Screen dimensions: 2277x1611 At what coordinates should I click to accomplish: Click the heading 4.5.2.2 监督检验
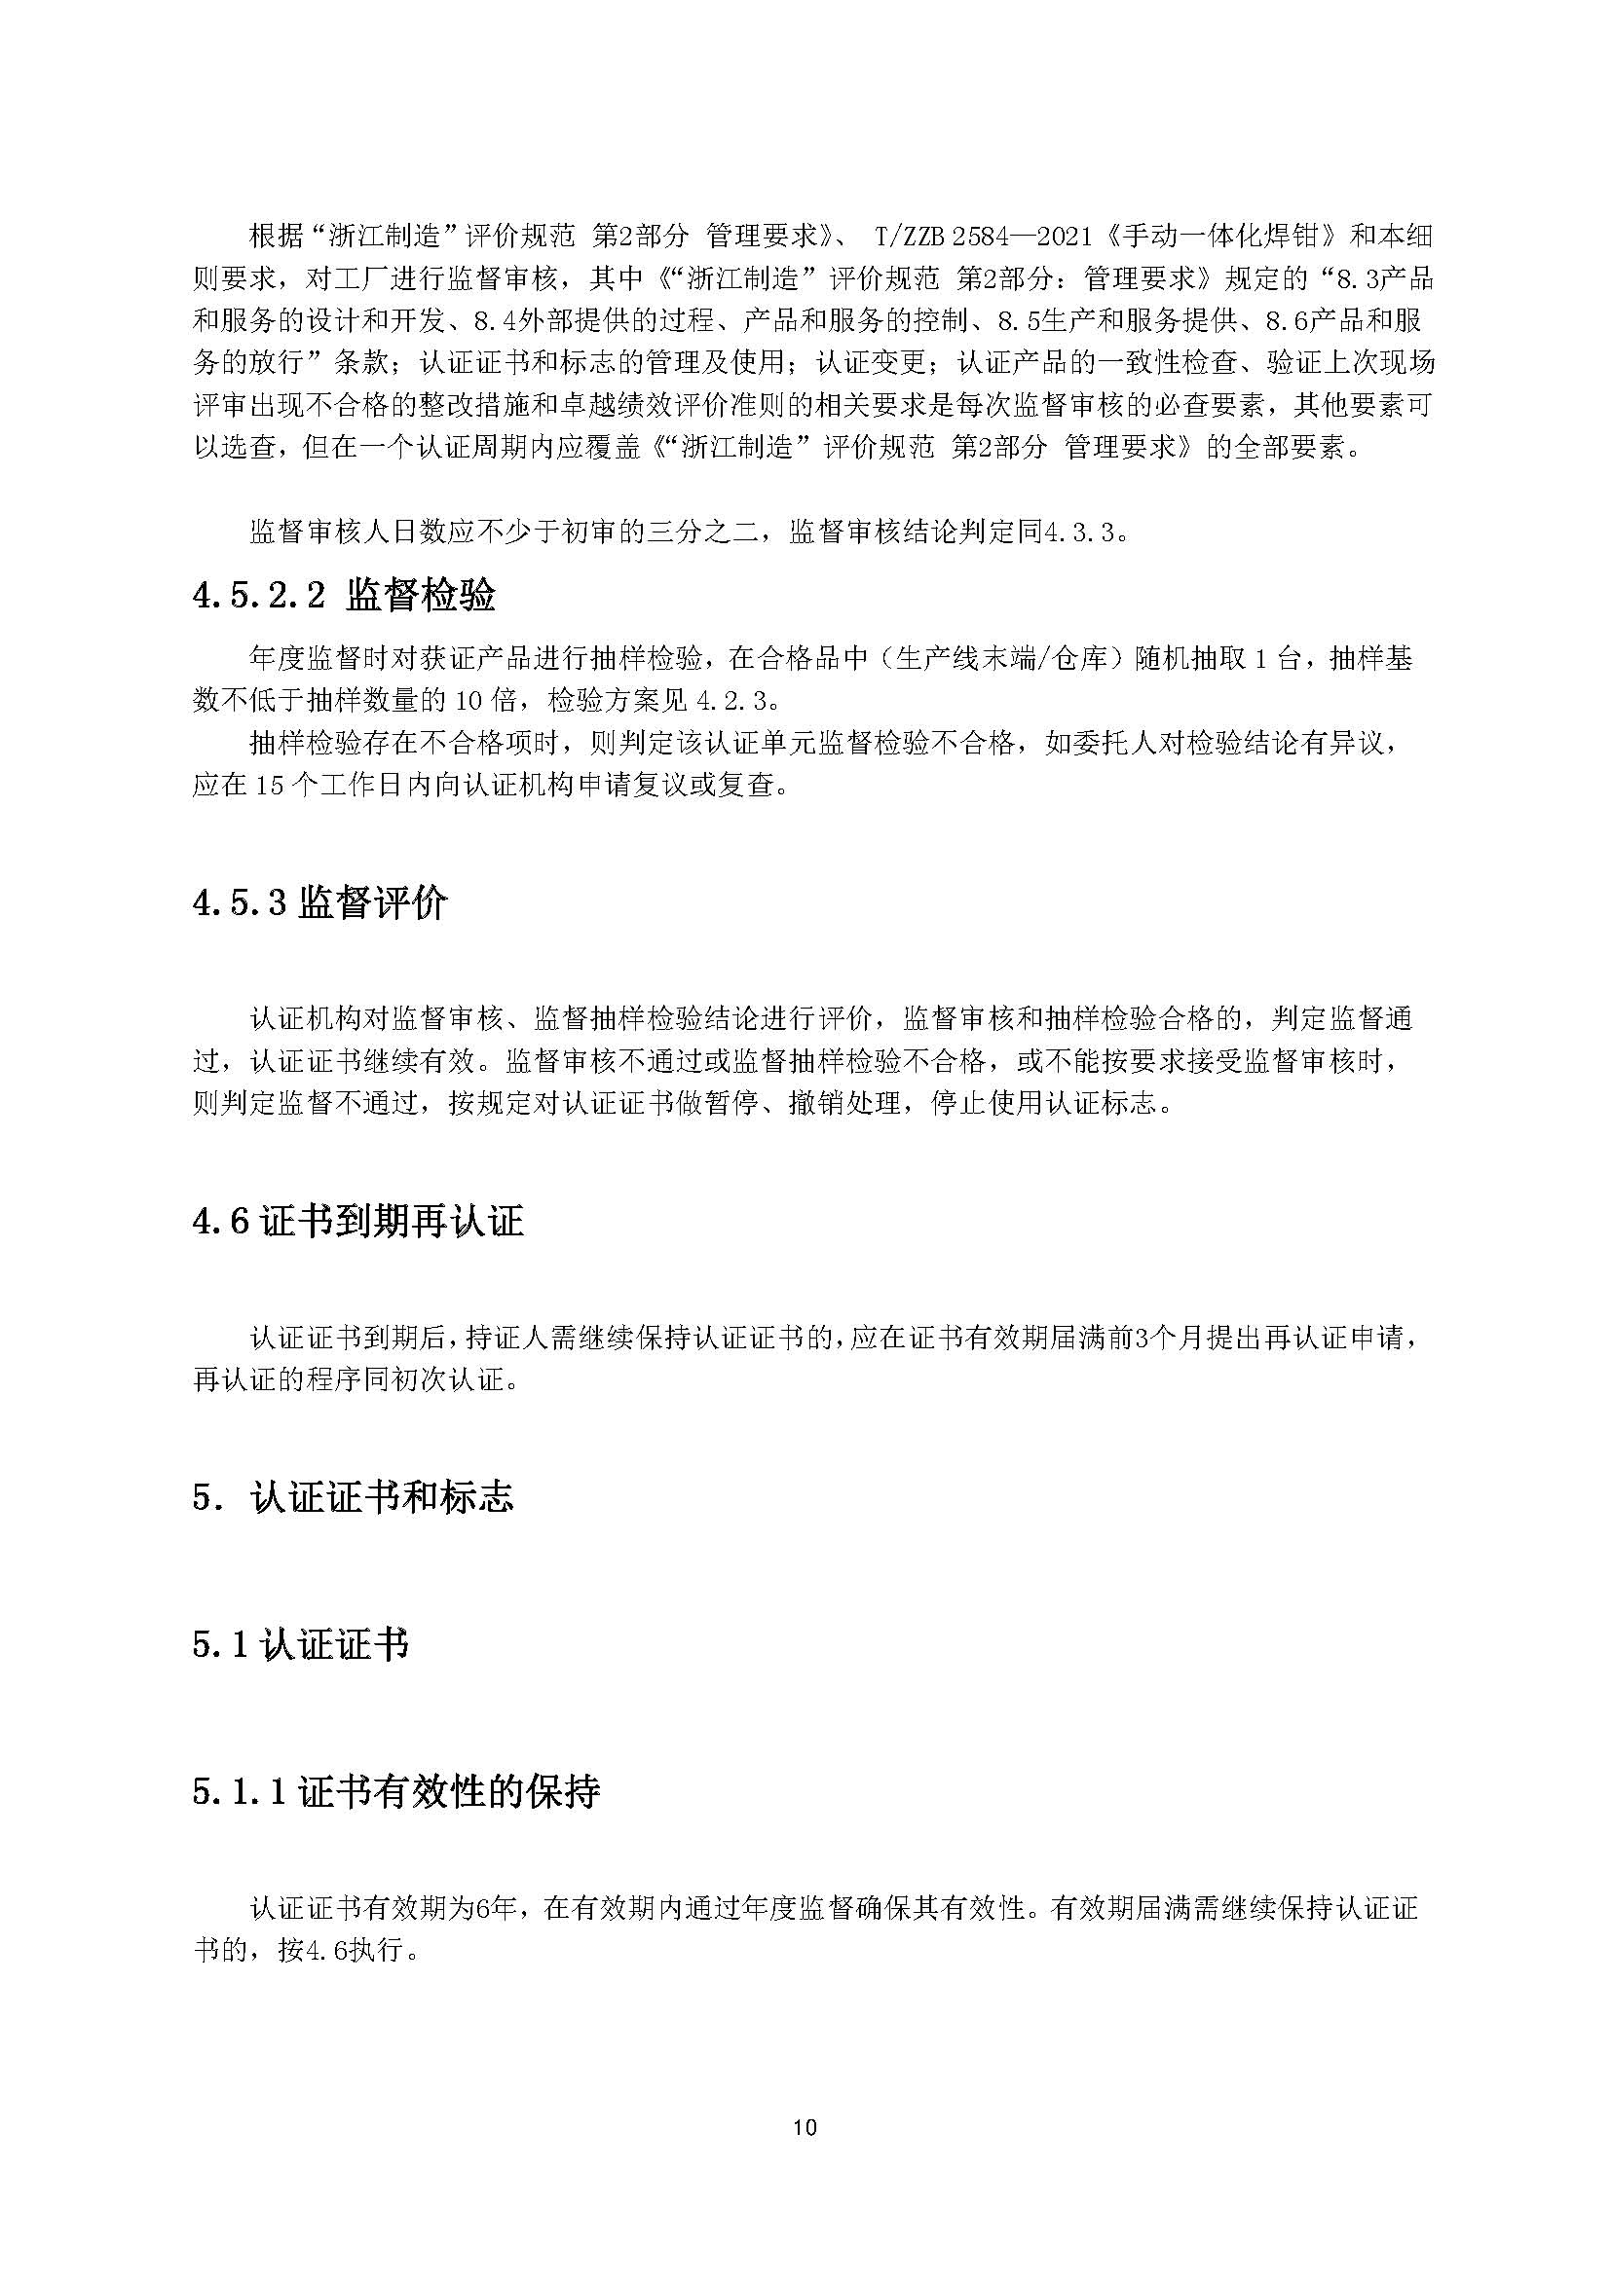[343, 595]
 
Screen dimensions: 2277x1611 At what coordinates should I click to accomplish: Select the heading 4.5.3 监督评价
[319, 903]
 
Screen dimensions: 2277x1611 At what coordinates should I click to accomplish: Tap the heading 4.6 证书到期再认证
[357, 1222]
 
